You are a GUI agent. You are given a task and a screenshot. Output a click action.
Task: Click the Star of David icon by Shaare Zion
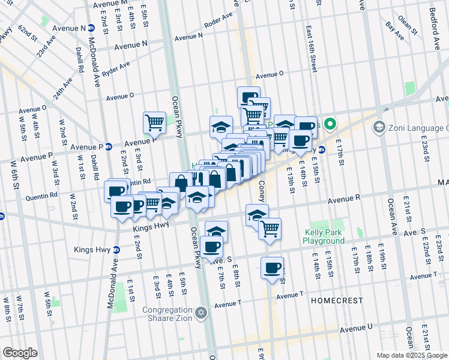coord(202,313)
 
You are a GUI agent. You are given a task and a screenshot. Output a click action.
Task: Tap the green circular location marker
coord(330,125)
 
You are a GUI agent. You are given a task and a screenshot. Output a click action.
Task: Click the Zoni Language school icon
coord(379,127)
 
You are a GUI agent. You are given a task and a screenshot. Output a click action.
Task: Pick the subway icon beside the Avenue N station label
coord(91,28)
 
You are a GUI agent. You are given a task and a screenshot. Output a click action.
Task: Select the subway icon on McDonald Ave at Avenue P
coord(109,146)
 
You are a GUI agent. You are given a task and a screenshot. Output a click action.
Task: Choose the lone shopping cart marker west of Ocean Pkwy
coord(154,123)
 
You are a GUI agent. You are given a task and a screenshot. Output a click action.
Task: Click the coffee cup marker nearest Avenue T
coord(272,268)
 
